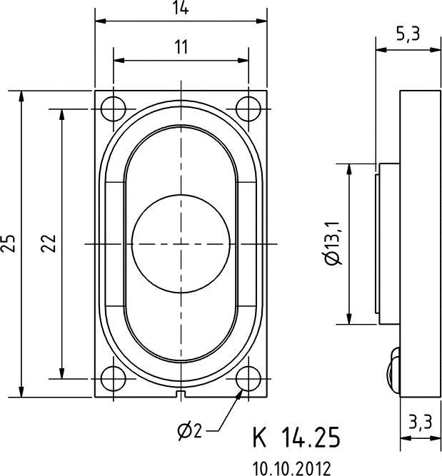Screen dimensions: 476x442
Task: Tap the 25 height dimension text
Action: (x=9, y=243)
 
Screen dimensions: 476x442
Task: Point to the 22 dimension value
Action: (x=49, y=243)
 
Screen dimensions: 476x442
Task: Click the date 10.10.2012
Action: (x=291, y=468)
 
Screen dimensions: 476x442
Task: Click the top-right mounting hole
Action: (x=248, y=108)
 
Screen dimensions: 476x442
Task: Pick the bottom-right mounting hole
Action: (x=248, y=378)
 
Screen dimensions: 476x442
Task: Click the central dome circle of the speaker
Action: (x=181, y=243)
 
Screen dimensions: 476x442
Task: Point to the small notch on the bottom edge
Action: (x=181, y=394)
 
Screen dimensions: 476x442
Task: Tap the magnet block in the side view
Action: (x=388, y=243)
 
